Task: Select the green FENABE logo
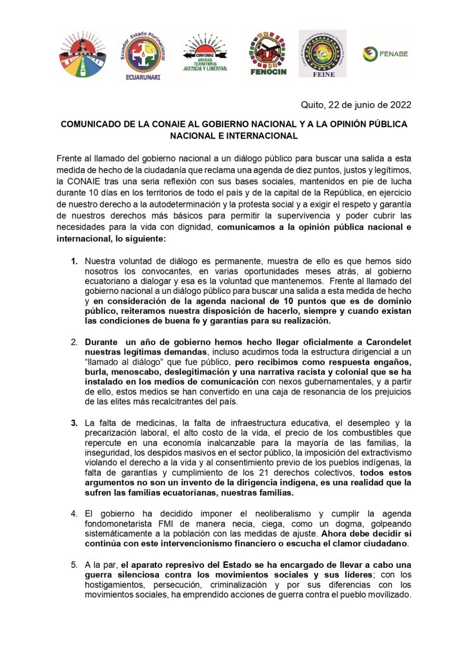[x=385, y=53]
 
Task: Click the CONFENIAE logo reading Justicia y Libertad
[x=205, y=54]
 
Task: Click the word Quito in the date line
[x=314, y=105]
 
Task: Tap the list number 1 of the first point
[x=74, y=261]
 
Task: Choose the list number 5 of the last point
[x=74, y=564]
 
